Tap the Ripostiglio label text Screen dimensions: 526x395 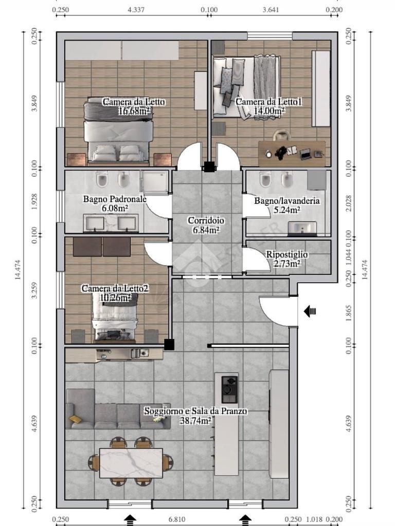coord(286,254)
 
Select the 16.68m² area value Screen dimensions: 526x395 coord(134,111)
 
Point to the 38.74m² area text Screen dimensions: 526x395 coord(195,421)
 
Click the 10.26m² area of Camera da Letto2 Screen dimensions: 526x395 coord(115,297)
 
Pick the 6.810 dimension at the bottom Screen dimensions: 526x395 coord(176,519)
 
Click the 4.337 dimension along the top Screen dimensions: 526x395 coord(135,9)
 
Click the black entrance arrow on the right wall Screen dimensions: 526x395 coord(310,311)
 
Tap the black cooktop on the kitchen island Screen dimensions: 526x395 coord(229,389)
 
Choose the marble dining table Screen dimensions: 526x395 coord(131,462)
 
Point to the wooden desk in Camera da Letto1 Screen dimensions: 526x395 coord(292,153)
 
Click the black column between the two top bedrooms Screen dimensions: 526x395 coord(209,166)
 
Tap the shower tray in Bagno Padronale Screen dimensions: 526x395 coord(155,183)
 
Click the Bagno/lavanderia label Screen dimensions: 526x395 coord(286,201)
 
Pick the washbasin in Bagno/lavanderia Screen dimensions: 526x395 coord(302,228)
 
